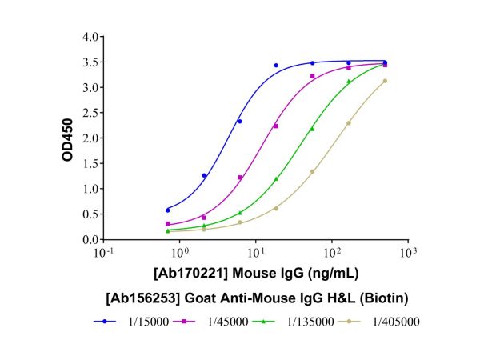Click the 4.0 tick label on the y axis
(x=90, y=37)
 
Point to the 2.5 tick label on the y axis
(x=90, y=113)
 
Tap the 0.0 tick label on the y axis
(x=90, y=240)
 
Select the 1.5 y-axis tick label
(x=90, y=164)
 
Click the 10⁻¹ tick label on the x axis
(x=104, y=253)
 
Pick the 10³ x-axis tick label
(x=408, y=253)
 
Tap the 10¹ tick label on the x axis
(x=256, y=253)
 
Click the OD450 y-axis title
(x=69, y=138)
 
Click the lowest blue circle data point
(x=167, y=210)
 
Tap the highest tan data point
(x=385, y=81)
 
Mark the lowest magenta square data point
(x=167, y=224)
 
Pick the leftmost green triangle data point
(x=167, y=230)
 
